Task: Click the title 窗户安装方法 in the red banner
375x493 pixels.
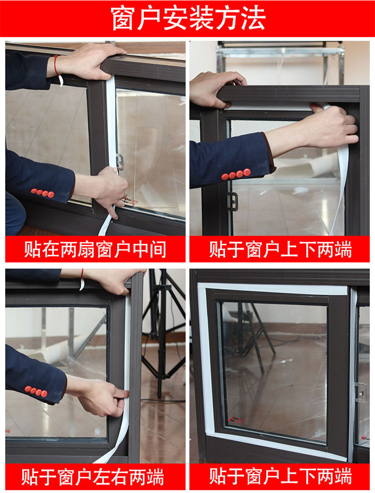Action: coord(187,19)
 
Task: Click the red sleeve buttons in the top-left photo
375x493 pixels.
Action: coord(42,193)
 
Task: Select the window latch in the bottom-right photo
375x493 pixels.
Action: coord(360,393)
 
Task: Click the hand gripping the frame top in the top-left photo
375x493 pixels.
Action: coord(89,61)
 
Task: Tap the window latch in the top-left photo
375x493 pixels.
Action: coord(120,162)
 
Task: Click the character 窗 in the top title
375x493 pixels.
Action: coord(123,19)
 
